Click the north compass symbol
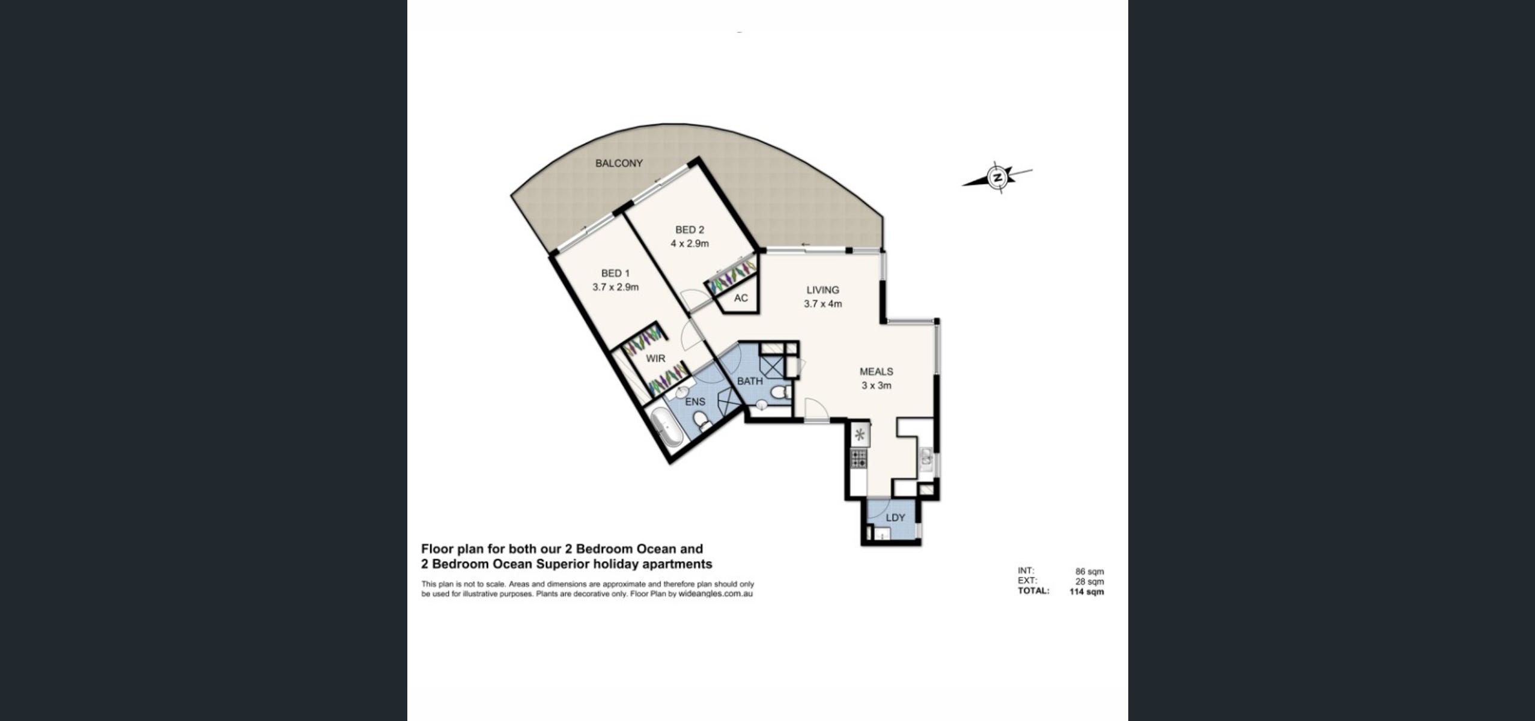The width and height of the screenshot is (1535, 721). (x=998, y=177)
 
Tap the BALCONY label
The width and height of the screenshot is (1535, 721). (x=619, y=163)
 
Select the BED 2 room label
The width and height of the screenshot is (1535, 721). (x=690, y=230)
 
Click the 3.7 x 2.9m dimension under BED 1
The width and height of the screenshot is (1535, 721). (x=615, y=287)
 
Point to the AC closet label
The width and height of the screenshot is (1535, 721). (x=741, y=298)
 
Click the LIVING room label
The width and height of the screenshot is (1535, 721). (x=822, y=290)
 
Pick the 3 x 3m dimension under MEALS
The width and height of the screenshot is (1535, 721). (x=876, y=386)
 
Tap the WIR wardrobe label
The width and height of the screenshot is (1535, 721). (x=655, y=359)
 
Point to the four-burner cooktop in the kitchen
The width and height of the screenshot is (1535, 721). (x=859, y=459)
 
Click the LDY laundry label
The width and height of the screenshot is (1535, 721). (x=895, y=518)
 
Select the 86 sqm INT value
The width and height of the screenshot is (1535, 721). (x=1089, y=572)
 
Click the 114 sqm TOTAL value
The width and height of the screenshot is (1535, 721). (x=1087, y=591)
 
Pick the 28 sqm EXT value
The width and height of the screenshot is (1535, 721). (x=1089, y=582)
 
